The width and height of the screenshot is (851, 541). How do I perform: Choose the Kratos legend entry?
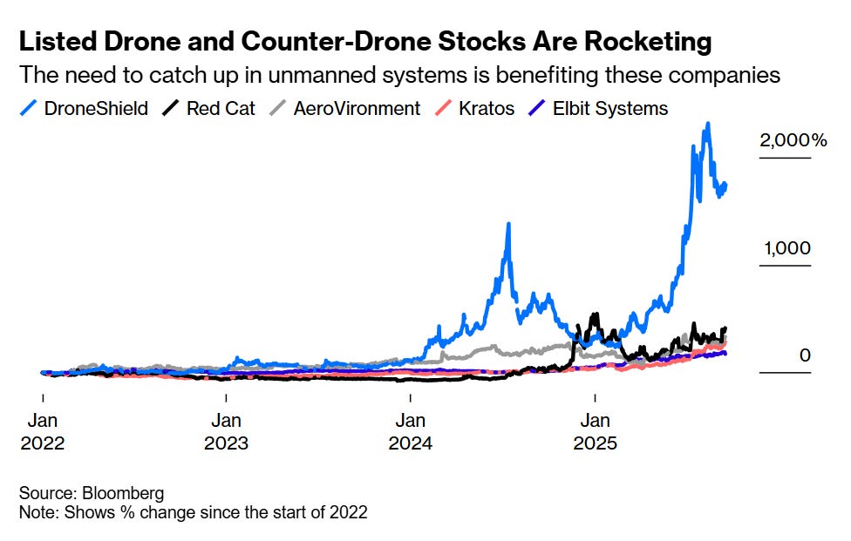coord(477,109)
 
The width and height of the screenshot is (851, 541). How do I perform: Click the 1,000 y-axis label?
coord(786,248)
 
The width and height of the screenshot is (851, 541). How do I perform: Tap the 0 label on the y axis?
coord(805,355)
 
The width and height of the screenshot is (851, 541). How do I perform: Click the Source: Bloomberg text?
coord(80,494)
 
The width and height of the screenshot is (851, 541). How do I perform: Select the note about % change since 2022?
coord(193,512)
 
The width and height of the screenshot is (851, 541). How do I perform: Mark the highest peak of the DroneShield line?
coord(707,125)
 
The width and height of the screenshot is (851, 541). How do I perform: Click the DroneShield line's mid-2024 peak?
coord(507,226)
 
